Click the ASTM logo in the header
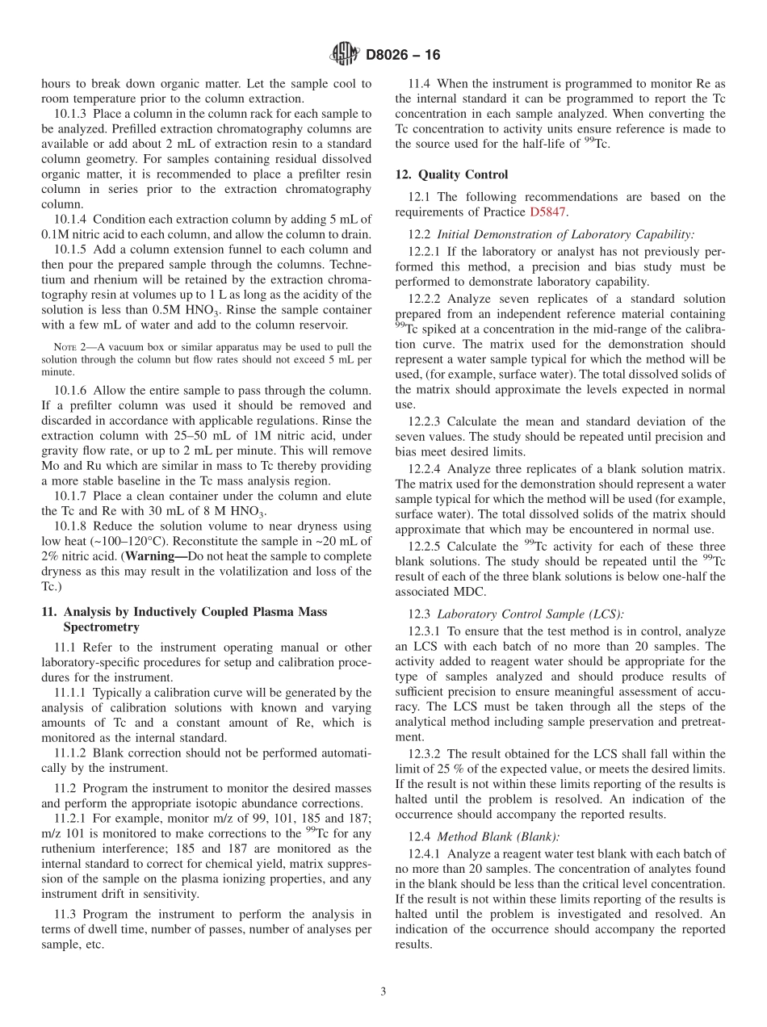345,55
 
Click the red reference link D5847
548,212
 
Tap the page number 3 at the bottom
383,992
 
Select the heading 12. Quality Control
451,174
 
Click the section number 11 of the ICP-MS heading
49,612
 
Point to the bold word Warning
156,556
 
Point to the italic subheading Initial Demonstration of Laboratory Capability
564,234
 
